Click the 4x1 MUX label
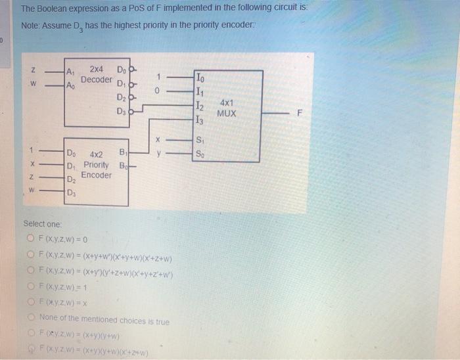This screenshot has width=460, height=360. (227, 108)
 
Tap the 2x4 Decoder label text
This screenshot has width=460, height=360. (95, 74)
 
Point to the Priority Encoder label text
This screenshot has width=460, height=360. (97, 164)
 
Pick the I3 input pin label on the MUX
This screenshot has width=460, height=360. (200, 120)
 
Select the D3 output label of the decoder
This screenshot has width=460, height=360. (120, 112)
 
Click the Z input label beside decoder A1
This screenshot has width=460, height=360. (34, 71)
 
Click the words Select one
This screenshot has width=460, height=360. (41, 224)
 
